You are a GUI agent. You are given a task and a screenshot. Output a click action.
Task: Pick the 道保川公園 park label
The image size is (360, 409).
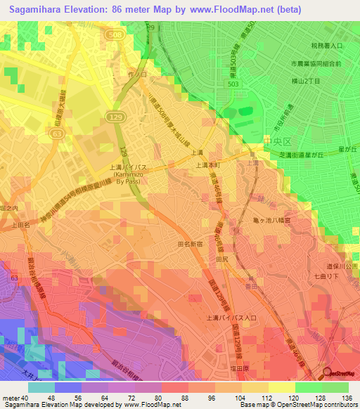tap(342, 267)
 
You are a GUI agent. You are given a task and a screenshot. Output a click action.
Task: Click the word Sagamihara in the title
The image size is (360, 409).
tap(39, 10)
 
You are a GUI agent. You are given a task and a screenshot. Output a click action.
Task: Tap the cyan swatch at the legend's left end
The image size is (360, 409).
tap(41, 387)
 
